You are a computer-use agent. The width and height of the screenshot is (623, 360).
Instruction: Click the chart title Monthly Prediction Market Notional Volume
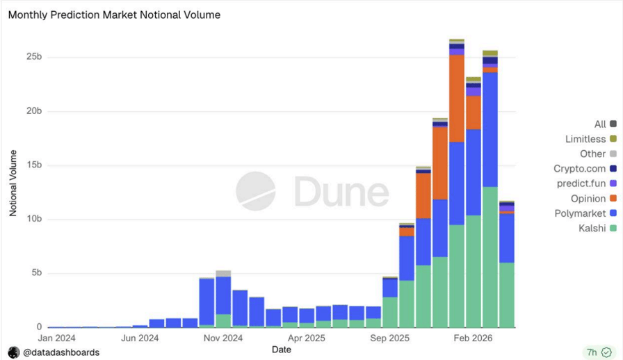pyautogui.click(x=114, y=15)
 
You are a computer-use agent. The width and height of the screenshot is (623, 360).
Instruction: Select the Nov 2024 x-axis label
pyautogui.click(x=223, y=338)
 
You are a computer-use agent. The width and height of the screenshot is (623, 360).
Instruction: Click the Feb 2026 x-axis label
pyautogui.click(x=474, y=338)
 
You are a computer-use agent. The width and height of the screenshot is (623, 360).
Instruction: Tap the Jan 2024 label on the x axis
pyautogui.click(x=57, y=338)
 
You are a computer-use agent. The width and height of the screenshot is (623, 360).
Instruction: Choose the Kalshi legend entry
pyautogui.click(x=592, y=228)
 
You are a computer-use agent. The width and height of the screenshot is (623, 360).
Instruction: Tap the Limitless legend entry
pyautogui.click(x=585, y=139)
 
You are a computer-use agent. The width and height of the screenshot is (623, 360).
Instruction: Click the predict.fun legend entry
pyautogui.click(x=582, y=183)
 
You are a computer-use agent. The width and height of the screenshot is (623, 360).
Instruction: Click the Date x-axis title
pyautogui.click(x=281, y=350)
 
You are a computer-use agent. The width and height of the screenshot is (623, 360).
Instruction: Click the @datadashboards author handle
pyautogui.click(x=60, y=352)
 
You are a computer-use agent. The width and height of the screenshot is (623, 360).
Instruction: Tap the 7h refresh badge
pyautogui.click(x=598, y=352)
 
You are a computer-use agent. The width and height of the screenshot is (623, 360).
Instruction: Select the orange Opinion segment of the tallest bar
pyautogui.click(x=457, y=98)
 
